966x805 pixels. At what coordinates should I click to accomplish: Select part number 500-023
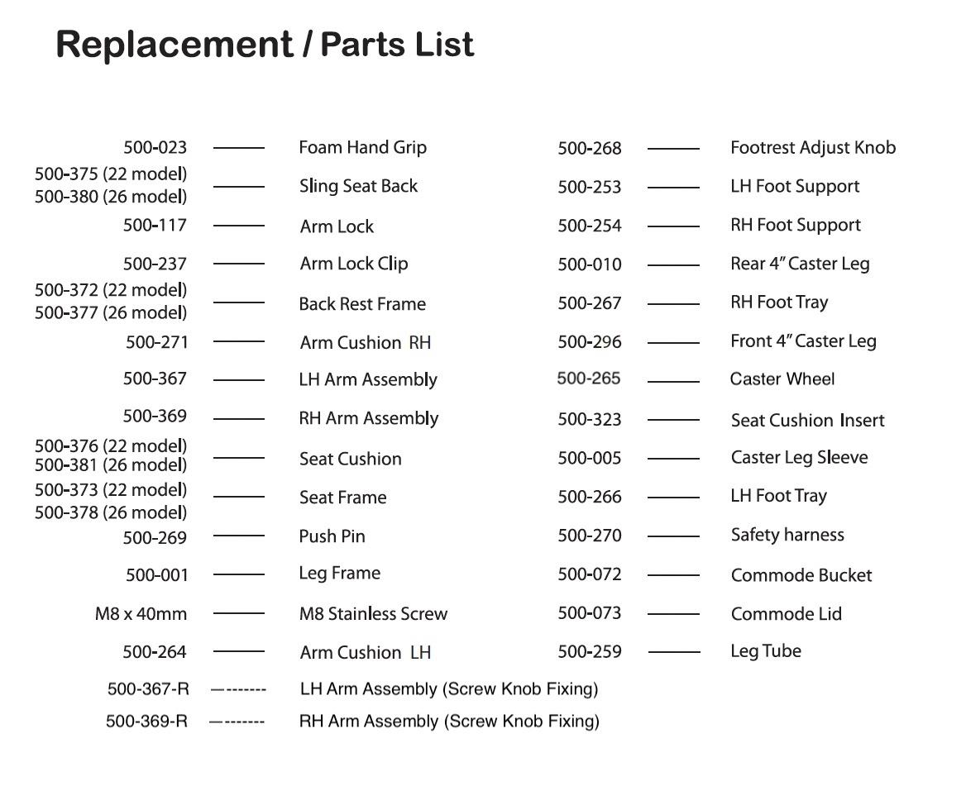[x=155, y=148]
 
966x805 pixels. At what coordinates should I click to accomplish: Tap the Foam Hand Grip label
[x=362, y=148]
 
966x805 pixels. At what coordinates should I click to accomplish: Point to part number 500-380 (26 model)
[x=111, y=197]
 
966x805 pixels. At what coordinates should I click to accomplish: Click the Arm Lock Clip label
[x=353, y=264]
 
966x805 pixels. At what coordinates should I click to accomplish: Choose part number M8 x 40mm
[x=141, y=614]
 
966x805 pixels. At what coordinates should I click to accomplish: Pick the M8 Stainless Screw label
[x=372, y=614]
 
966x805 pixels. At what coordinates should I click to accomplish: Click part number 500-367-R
[x=148, y=689]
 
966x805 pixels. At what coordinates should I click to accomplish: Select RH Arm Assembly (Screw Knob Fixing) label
[x=448, y=722]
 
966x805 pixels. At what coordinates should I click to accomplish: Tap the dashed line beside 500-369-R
[x=237, y=722]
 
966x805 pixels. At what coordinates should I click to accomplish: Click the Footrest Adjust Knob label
[x=812, y=148]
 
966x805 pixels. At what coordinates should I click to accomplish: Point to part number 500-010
[x=589, y=264]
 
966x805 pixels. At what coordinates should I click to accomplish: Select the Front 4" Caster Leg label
[x=802, y=341]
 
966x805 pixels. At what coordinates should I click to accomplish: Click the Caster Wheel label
[x=782, y=379]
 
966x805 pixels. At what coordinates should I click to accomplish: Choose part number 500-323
[x=589, y=420]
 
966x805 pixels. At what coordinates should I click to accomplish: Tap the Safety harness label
[x=787, y=536]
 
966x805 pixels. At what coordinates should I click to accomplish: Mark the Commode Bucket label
[x=801, y=575]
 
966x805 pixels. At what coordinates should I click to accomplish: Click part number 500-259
[x=589, y=652]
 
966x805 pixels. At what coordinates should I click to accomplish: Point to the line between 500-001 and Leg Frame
[x=239, y=574]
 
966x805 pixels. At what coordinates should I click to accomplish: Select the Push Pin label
[x=332, y=536]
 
